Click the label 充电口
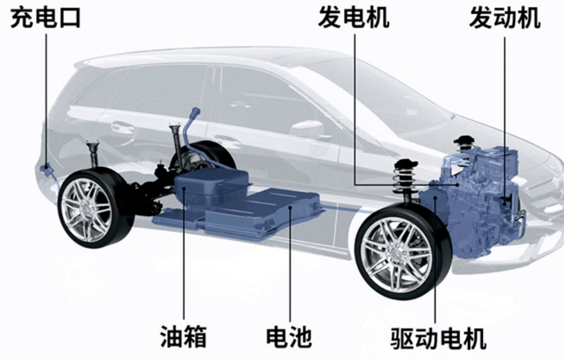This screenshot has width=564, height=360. [x=45, y=18]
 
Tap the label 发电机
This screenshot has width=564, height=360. [x=354, y=18]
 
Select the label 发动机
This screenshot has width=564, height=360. [x=505, y=18]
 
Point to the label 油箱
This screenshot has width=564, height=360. [x=183, y=337]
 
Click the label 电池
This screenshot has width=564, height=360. [x=289, y=337]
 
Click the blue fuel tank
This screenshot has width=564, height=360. [x=211, y=183]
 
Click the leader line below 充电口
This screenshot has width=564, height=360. [x=46, y=99]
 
